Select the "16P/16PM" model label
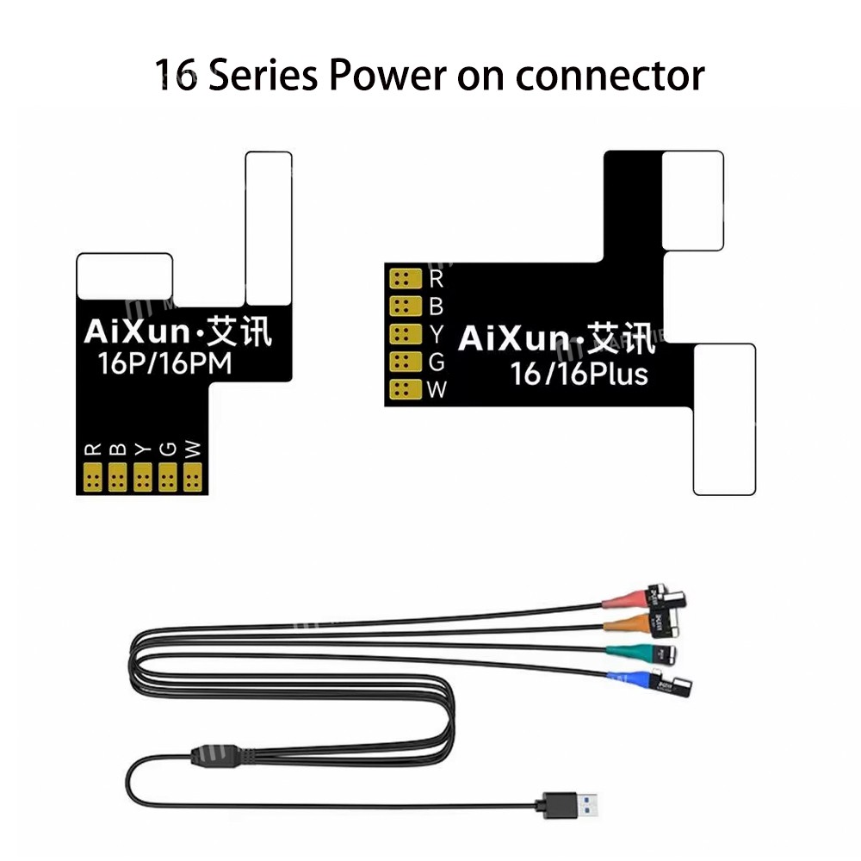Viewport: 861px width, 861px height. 165,364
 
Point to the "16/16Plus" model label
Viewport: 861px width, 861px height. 579,374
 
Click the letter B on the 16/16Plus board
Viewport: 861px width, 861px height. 436,306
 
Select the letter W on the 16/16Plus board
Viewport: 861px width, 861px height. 437,389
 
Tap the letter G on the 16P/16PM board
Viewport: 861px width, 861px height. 168,449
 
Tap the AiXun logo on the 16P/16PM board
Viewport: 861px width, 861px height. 177,332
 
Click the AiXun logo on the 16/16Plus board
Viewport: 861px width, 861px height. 556,338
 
